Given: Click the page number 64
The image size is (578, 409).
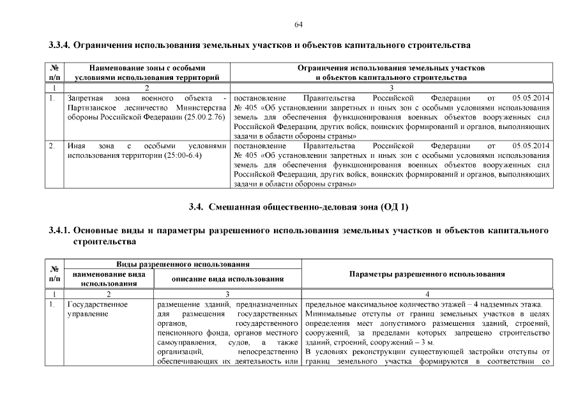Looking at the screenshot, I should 298,24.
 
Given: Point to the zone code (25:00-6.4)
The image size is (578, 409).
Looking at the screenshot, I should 183,156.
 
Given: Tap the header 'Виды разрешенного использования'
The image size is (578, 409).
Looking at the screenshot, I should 182,264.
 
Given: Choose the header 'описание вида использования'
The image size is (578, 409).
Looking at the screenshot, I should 228,279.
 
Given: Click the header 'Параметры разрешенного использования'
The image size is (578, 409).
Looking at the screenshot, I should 427,274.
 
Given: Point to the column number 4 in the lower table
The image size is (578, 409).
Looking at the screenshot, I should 427,294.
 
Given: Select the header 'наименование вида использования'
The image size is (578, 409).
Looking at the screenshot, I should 109,279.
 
